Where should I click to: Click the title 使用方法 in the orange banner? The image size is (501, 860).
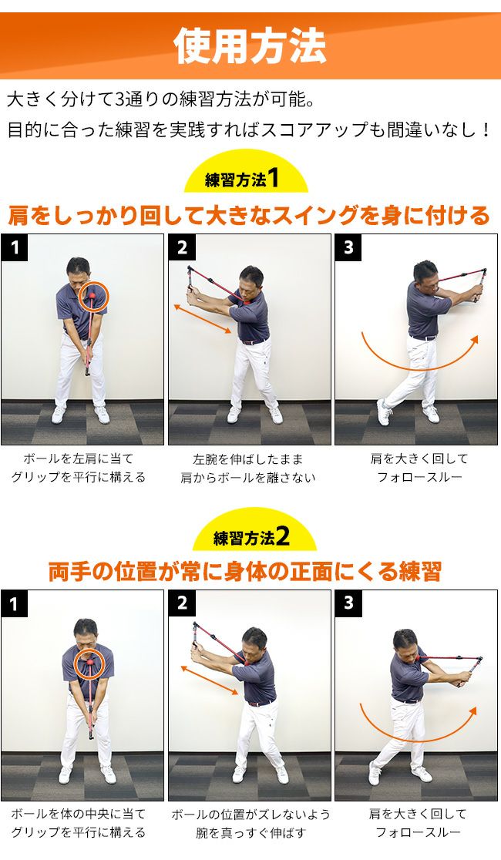coord(250,45)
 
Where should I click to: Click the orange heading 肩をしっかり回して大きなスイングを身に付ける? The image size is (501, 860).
coord(249,216)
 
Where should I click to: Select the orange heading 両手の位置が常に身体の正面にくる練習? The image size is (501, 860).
coord(245,572)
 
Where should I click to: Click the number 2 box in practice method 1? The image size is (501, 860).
coord(182,248)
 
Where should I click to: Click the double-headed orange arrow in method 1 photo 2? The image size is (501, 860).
coord(203,320)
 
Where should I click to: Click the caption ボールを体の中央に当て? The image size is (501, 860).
coord(79,814)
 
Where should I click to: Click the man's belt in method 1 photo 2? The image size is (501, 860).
coord(255,341)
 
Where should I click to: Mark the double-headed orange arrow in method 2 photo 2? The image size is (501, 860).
coord(210,680)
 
